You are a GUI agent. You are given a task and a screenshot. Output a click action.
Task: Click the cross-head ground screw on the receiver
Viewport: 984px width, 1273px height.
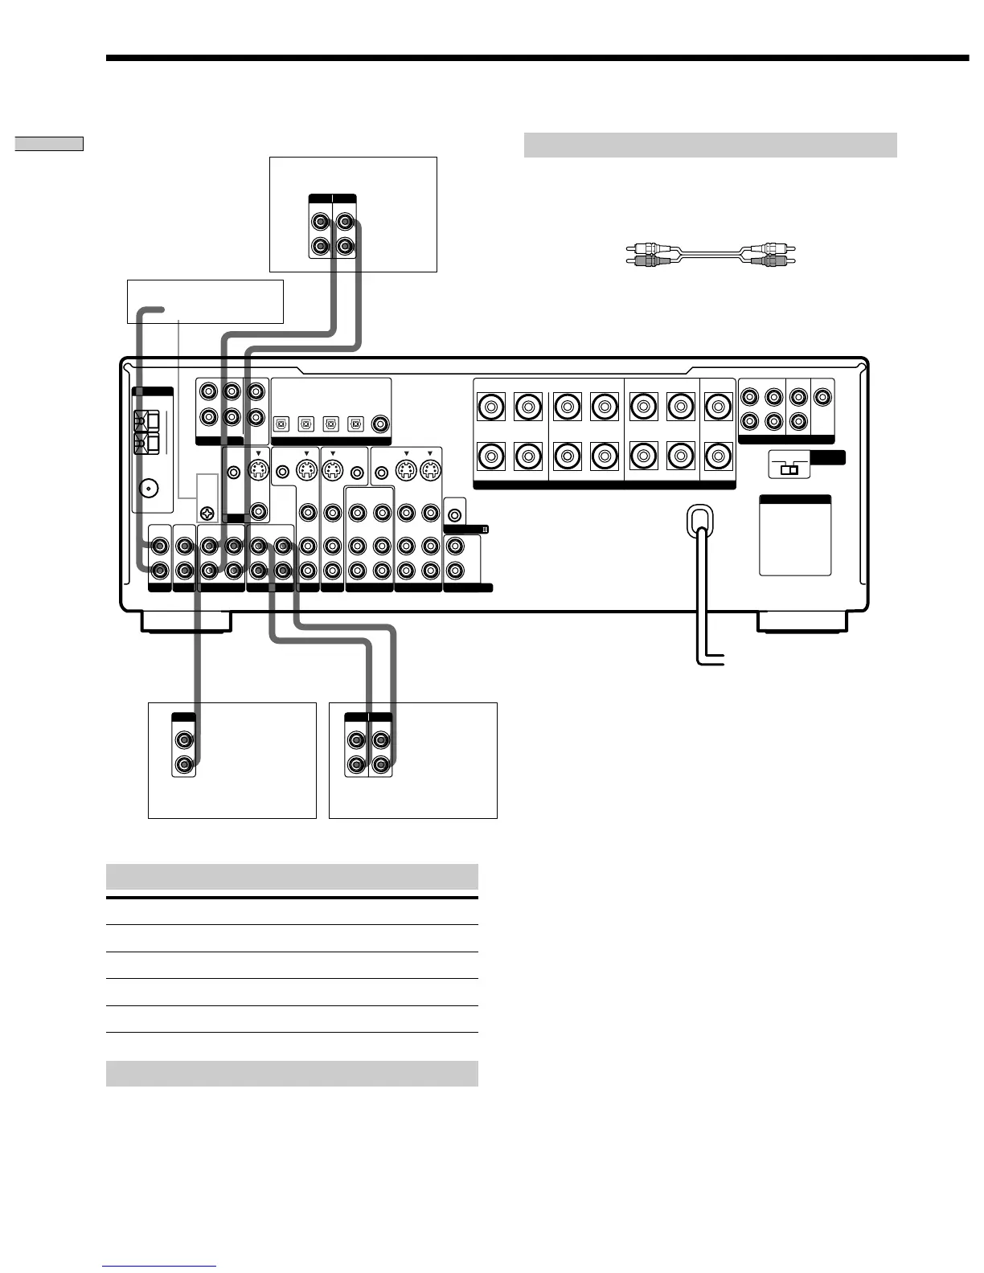(x=207, y=512)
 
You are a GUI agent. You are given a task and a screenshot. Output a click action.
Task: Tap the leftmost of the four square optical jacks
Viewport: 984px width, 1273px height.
(x=282, y=423)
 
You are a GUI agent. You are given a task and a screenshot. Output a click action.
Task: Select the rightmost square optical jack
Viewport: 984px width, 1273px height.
(x=355, y=423)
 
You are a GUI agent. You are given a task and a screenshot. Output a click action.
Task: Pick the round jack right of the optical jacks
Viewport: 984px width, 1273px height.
(x=379, y=423)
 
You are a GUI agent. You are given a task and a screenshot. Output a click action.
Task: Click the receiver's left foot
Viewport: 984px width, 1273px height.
(x=186, y=621)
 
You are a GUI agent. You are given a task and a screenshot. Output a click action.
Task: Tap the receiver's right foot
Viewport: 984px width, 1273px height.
(x=801, y=621)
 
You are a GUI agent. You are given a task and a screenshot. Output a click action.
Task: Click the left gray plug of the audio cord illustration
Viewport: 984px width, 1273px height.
(x=641, y=260)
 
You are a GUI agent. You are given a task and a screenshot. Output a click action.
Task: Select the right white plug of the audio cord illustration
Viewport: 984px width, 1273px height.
(x=770, y=249)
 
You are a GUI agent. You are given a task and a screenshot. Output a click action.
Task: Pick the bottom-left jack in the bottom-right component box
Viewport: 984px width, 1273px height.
(x=356, y=764)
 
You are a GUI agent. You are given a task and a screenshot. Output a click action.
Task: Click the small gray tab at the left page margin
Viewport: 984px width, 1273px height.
(x=49, y=144)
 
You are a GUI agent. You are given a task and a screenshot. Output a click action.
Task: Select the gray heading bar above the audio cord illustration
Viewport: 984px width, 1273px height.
(x=710, y=145)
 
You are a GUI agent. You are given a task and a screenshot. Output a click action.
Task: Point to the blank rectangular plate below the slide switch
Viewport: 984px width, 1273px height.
(x=795, y=538)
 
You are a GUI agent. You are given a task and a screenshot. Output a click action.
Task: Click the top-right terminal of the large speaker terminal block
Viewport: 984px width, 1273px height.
(x=718, y=407)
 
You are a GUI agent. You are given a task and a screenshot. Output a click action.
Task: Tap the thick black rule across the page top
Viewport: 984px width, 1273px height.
(x=537, y=58)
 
